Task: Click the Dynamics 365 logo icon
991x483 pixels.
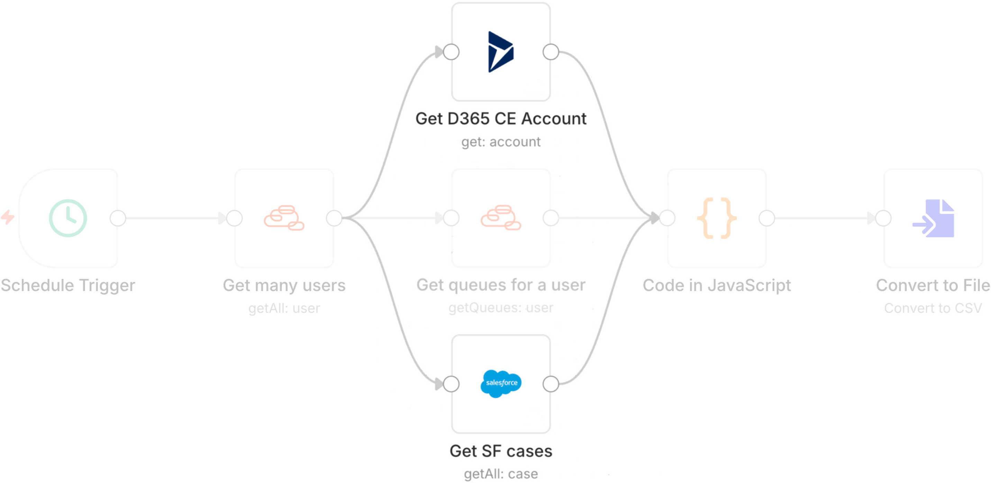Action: click(x=500, y=52)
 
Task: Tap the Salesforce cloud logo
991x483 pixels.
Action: click(x=501, y=383)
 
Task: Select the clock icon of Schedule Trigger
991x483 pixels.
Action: click(x=68, y=218)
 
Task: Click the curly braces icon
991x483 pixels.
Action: click(x=717, y=218)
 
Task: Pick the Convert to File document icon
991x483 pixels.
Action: click(x=934, y=218)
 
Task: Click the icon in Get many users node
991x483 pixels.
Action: click(x=284, y=218)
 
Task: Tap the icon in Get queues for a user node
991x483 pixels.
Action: click(x=501, y=218)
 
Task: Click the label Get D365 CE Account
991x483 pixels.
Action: click(x=501, y=118)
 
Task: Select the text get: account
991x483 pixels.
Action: click(x=501, y=142)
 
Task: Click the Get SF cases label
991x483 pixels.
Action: click(x=501, y=451)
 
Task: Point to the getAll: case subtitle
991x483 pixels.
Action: click(x=501, y=474)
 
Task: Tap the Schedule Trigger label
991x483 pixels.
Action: click(x=68, y=285)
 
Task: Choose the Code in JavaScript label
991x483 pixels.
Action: click(x=717, y=285)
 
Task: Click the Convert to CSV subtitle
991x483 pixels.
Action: click(x=933, y=308)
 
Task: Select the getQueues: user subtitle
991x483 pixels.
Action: click(x=501, y=308)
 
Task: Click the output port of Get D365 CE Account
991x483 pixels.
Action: click(x=551, y=52)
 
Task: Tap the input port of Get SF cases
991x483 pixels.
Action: click(x=451, y=384)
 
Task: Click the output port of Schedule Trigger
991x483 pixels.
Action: click(x=118, y=218)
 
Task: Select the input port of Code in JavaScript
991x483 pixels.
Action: click(x=667, y=218)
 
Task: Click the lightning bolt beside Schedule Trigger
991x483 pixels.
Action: click(x=7, y=217)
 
